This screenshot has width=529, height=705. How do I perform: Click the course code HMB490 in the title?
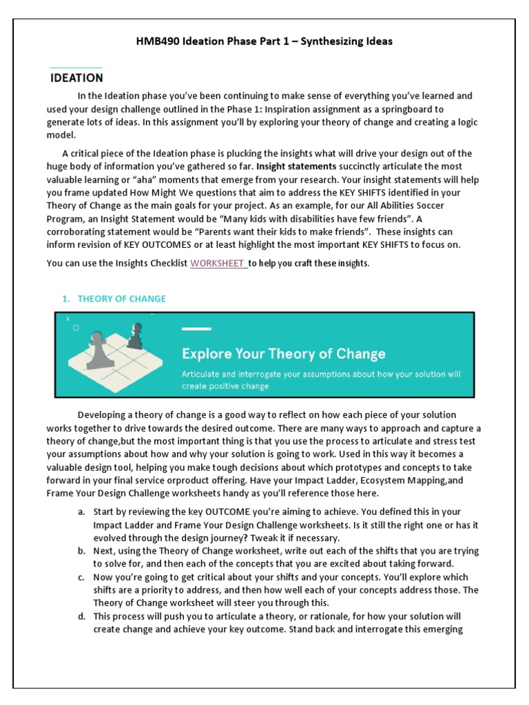(158, 41)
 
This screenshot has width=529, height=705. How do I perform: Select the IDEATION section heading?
(76, 78)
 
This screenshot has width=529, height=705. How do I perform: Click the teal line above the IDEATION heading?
(76, 67)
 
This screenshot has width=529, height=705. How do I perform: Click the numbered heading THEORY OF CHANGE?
(121, 298)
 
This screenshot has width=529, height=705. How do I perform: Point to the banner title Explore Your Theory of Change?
(283, 354)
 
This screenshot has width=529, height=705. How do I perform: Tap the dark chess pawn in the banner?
(136, 335)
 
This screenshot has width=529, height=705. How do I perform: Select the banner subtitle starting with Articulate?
(321, 380)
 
